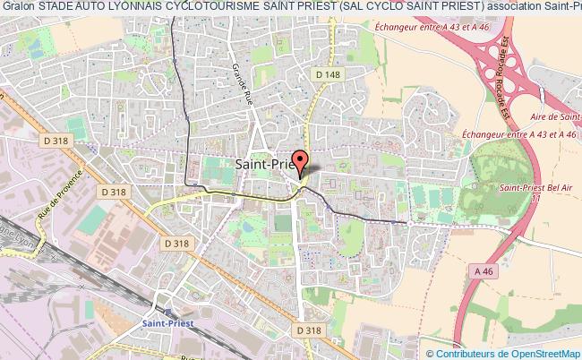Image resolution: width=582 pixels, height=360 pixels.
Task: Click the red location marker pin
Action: [x=300, y=161]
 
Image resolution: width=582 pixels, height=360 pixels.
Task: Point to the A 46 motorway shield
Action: [x=484, y=271]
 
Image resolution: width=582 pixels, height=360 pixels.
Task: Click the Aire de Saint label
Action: [x=553, y=116]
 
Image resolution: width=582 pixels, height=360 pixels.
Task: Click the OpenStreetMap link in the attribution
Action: [x=542, y=355]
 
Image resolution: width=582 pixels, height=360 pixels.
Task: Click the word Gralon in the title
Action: [x=17, y=7]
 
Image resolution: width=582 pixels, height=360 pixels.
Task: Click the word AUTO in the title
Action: [x=86, y=7]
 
